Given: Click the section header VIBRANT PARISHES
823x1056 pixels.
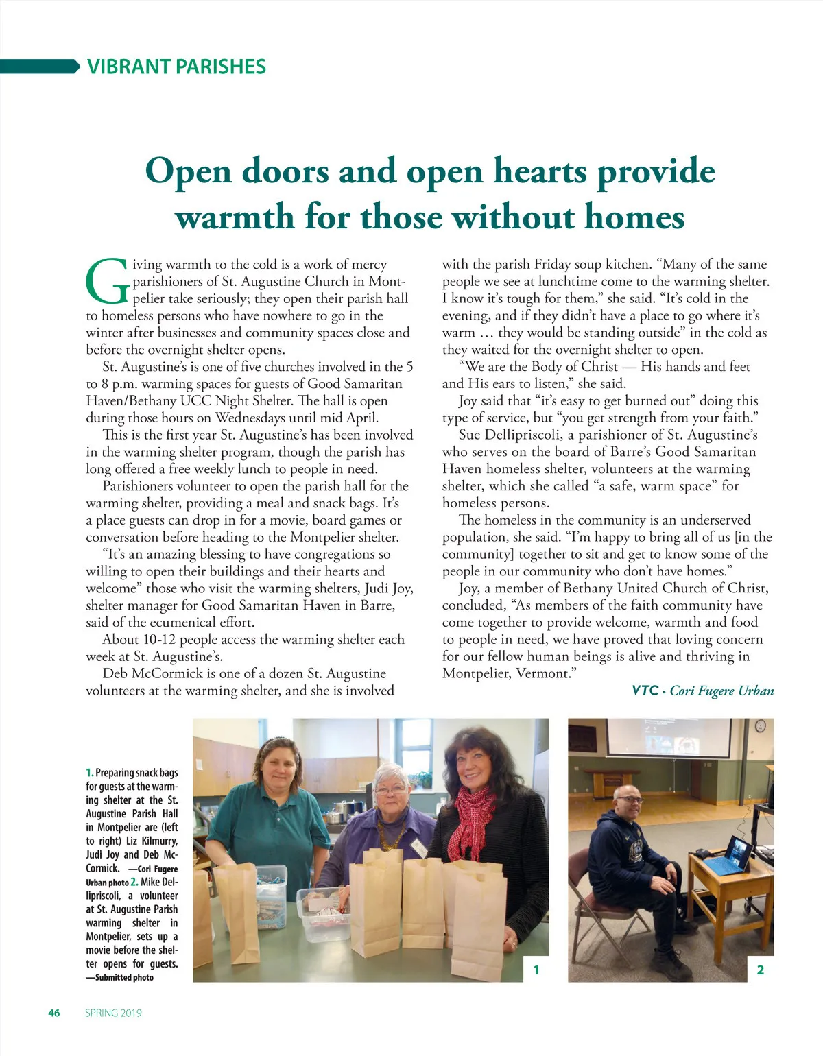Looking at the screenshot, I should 176,67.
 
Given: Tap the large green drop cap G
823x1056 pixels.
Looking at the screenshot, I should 107,281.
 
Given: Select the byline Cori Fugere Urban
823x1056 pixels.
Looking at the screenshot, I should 721,691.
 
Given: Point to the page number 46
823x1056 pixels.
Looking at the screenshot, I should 54,1013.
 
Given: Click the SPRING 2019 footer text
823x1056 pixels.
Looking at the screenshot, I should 113,1013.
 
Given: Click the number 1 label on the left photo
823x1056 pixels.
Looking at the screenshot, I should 536,969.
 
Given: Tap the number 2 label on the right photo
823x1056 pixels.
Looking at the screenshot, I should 760,969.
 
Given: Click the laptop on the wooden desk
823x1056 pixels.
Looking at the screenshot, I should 728,857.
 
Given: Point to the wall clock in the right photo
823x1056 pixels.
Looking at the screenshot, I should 760,726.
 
